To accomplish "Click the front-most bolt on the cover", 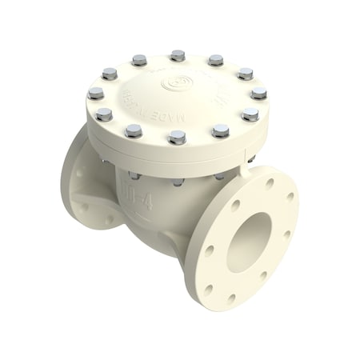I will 178,137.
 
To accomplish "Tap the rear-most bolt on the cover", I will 178,55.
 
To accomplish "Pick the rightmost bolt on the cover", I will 258,93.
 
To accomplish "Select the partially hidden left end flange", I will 76,188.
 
